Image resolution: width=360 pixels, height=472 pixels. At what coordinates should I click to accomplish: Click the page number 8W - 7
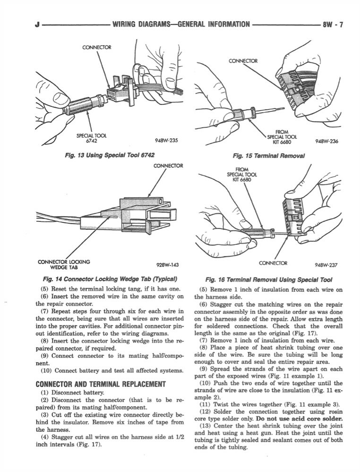(334, 24)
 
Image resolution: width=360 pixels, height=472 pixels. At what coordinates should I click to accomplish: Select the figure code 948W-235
(166, 140)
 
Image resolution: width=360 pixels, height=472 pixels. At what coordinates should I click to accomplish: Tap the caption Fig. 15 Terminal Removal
(268, 155)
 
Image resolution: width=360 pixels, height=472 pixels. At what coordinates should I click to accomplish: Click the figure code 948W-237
(326, 265)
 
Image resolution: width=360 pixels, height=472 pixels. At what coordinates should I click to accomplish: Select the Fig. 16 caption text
(268, 279)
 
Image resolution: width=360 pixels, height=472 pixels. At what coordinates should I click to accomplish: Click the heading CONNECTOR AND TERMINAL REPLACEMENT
(101, 384)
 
